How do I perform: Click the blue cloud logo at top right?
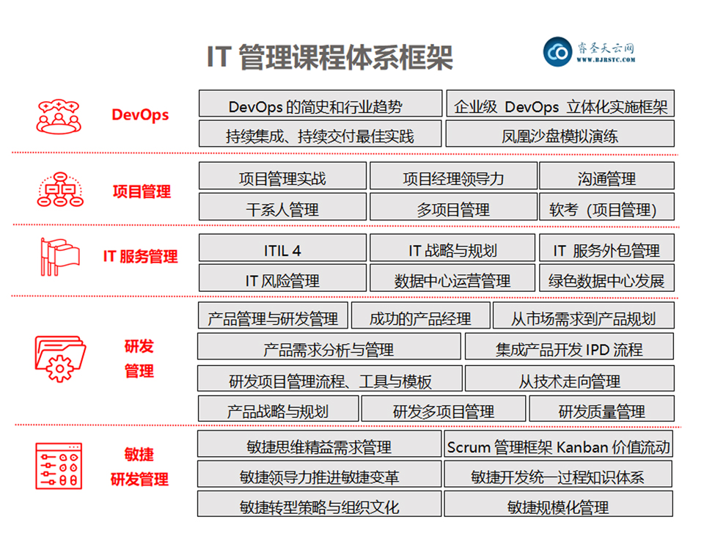coord(557,51)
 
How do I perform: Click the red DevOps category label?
coord(140,115)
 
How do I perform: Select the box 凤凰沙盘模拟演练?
coord(560,133)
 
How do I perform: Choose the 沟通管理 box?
coord(606,175)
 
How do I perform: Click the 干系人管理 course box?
coord(282,207)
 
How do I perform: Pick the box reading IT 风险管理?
coord(282,278)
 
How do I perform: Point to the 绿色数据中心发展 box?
coord(606,278)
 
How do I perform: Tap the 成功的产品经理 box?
coord(420,315)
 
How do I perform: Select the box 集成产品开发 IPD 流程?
coord(569,346)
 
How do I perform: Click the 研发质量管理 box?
coord(601,408)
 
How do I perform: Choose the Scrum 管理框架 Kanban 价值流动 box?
coord(559,444)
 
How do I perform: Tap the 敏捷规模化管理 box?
coord(559,504)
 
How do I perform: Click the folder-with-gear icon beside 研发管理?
coord(60,359)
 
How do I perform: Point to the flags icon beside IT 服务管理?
coord(59,257)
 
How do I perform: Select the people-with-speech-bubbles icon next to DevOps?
coord(59,117)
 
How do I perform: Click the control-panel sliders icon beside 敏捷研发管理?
coord(59,466)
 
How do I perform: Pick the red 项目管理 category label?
coord(142,191)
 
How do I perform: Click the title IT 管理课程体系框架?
coord(329,57)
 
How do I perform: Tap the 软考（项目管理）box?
coord(606,207)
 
